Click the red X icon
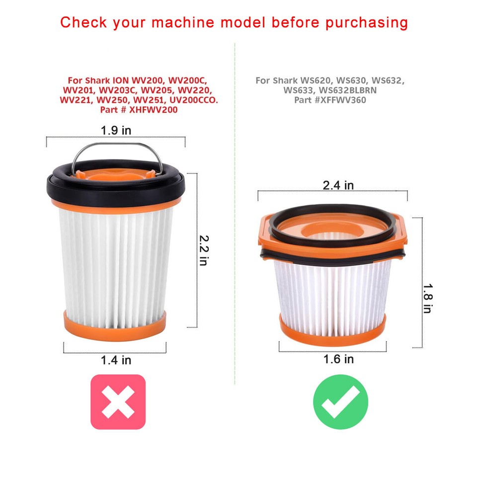pyautogui.click(x=118, y=401)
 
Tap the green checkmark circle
pyautogui.click(x=340, y=401)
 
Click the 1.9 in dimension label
pyautogui.click(x=116, y=131)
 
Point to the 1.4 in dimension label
pyautogui.click(x=116, y=359)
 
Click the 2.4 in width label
pyautogui.click(x=338, y=185)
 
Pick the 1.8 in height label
pyautogui.click(x=427, y=298)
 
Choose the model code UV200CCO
pyautogui.click(x=190, y=100)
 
